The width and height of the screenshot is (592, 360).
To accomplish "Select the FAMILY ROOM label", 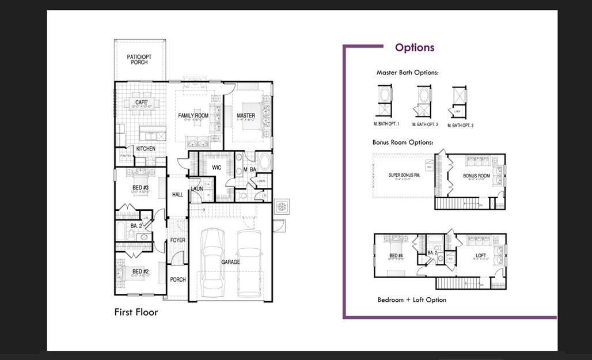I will pos(193,116).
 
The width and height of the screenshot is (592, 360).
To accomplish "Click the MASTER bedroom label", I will pos(246,116).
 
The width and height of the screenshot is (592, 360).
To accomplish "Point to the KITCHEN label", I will pos(146,149).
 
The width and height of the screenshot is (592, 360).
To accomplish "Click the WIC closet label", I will pos(217,168).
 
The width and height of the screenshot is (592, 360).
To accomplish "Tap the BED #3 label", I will pos(141,188).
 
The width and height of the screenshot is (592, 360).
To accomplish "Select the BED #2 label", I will pos(141,271).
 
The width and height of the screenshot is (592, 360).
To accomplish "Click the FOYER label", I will pos(178,240).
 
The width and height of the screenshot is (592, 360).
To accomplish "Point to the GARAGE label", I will pos(230,262).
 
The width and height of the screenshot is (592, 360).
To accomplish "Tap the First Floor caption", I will pos(136,312).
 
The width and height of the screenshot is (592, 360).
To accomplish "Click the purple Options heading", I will pos(415,48).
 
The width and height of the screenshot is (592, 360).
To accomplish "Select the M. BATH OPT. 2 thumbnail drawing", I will pos(425,102).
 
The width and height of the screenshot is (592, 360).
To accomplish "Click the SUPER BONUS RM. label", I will pos(404,175).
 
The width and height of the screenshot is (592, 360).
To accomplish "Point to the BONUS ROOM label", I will pos(477,176).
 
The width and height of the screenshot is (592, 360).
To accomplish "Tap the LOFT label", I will pos(481,256).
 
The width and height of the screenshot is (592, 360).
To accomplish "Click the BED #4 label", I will pos(396,256).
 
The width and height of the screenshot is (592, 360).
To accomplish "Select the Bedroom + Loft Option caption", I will pos(412,300).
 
